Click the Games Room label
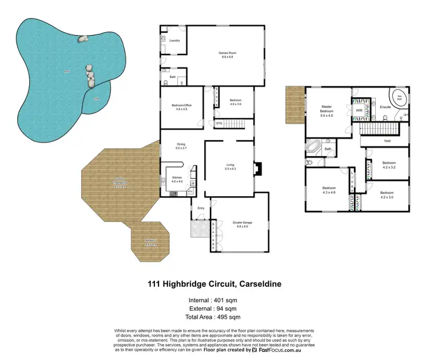pos(227,53)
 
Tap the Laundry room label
pos(174,41)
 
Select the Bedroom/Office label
pos(180,105)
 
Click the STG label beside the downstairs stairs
pos(219,122)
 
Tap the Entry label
pos(201,208)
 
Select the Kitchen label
pos(177,178)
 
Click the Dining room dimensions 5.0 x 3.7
pos(181,148)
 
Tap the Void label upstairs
pos(387,140)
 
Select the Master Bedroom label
pos(327,109)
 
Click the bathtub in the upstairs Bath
pos(314,148)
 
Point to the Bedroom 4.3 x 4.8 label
pos(328,190)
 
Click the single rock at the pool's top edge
pos(82,39)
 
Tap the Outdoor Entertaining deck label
pos(120,183)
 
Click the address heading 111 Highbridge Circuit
pos(214,283)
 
